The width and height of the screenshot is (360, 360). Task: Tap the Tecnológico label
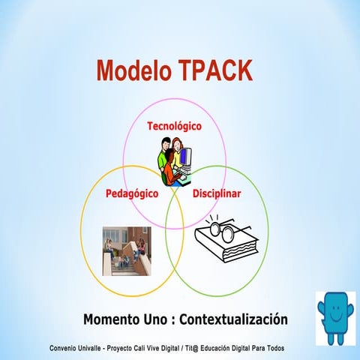[x=174, y=126]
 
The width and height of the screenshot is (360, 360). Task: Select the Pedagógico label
[x=131, y=193]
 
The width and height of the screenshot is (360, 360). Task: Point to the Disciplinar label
[x=217, y=193]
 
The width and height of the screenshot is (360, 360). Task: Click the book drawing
[x=225, y=244]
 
